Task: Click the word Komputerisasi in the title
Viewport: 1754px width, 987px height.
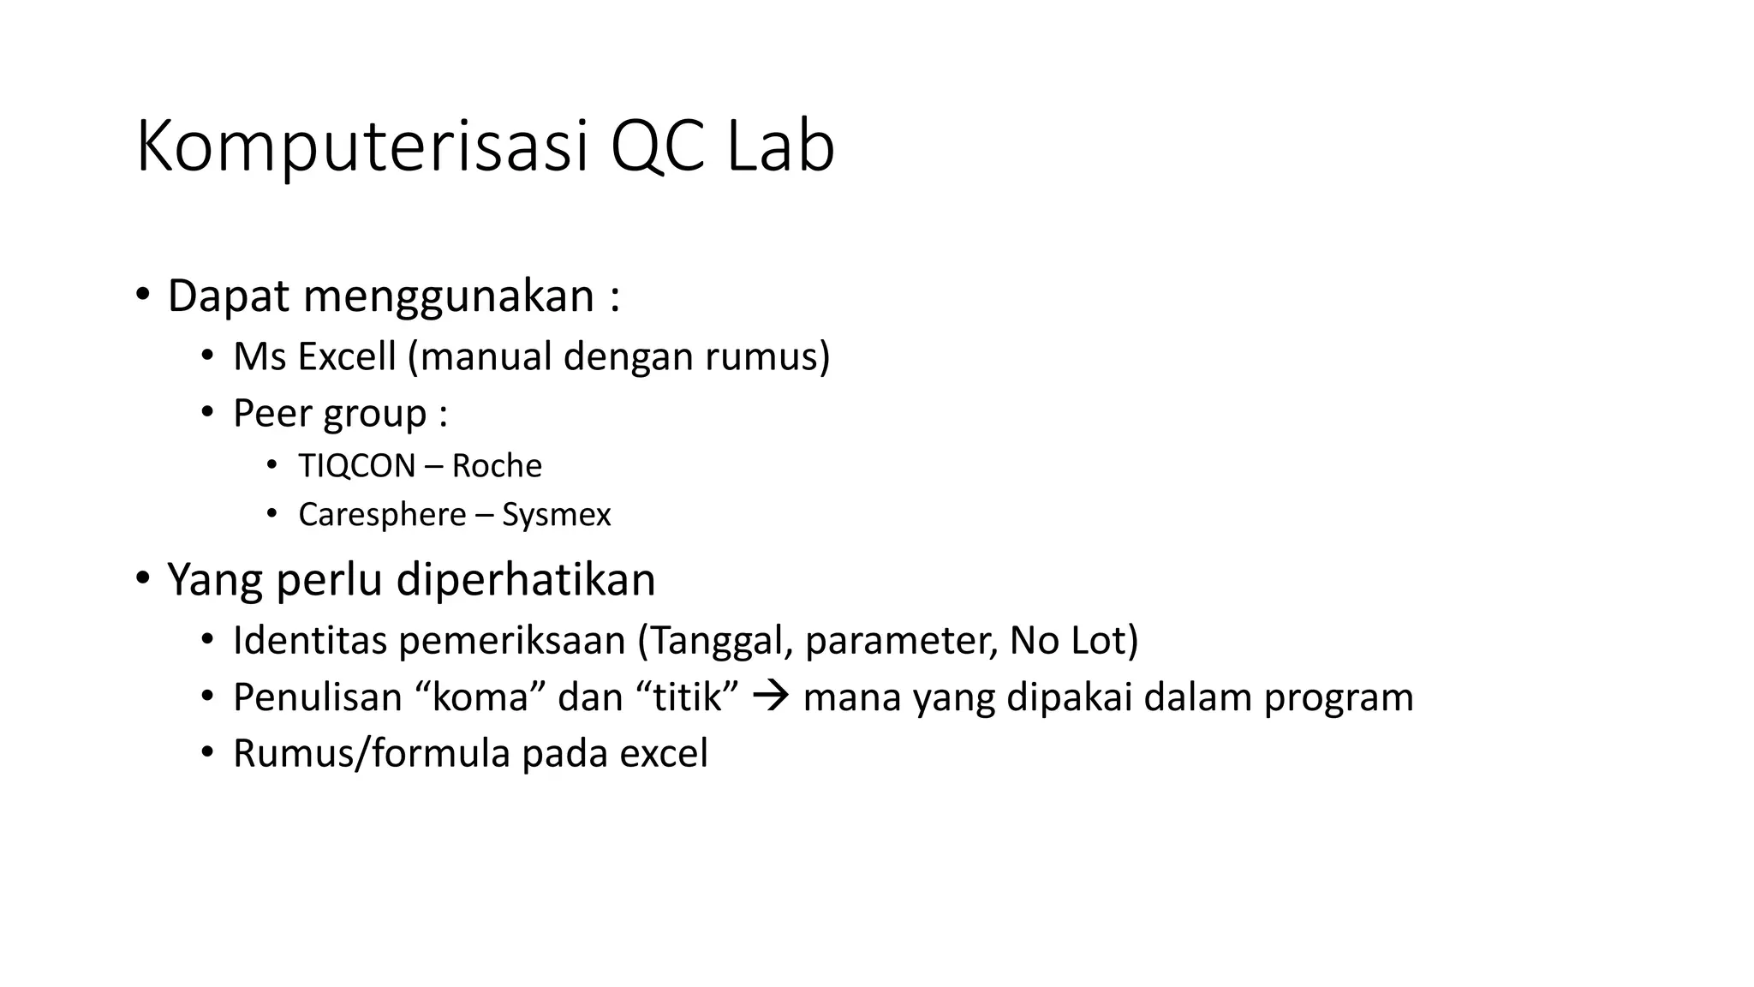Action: click(362, 147)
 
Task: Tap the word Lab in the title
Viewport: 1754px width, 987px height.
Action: click(780, 147)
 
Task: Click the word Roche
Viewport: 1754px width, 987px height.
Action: click(497, 466)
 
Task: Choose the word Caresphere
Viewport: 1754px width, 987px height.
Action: click(382, 515)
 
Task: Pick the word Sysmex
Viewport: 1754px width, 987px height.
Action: click(557, 515)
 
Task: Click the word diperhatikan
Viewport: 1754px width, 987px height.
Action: click(526, 580)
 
